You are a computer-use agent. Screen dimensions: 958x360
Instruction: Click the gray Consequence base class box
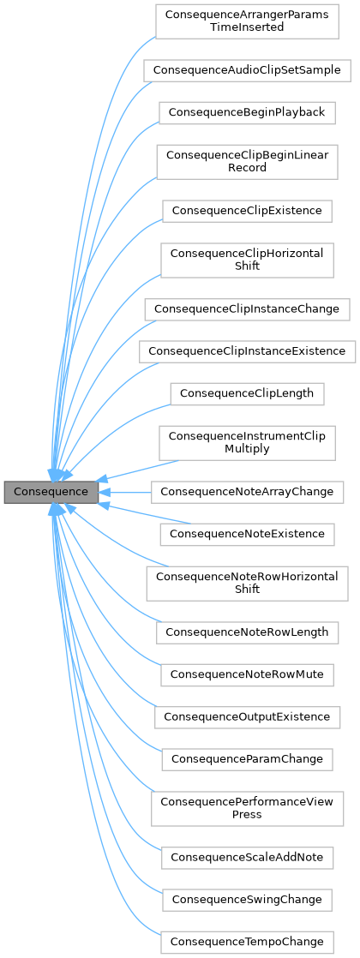tap(51, 492)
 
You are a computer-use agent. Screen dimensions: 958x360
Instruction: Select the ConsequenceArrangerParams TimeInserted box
tap(248, 21)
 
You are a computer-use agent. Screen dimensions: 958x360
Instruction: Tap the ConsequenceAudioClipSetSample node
tap(247, 69)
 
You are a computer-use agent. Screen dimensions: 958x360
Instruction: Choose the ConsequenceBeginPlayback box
tap(247, 112)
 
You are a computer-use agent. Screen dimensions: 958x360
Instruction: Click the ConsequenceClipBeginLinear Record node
tap(247, 161)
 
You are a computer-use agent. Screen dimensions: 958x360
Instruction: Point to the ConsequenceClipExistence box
tap(247, 210)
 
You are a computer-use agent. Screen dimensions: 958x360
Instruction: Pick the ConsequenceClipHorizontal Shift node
tap(247, 259)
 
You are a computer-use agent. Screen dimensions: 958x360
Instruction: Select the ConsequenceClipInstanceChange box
tap(247, 308)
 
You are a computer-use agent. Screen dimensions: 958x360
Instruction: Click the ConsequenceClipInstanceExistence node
tap(247, 350)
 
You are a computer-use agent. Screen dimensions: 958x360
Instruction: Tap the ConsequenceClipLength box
tap(247, 393)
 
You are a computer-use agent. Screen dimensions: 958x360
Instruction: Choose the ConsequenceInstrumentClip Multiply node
tap(247, 442)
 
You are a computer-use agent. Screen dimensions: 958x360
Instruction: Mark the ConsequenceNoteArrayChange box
tap(247, 492)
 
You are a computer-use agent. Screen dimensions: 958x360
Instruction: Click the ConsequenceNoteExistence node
tap(247, 534)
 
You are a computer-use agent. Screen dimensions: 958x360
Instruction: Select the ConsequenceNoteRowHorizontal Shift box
tap(247, 583)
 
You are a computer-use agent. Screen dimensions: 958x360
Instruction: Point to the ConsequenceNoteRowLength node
tap(247, 632)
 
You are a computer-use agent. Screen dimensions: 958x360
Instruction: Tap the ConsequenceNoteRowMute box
tap(247, 674)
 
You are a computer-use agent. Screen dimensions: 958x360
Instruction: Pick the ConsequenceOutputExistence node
tap(247, 715)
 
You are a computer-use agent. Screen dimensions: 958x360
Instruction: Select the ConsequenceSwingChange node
tap(247, 899)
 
